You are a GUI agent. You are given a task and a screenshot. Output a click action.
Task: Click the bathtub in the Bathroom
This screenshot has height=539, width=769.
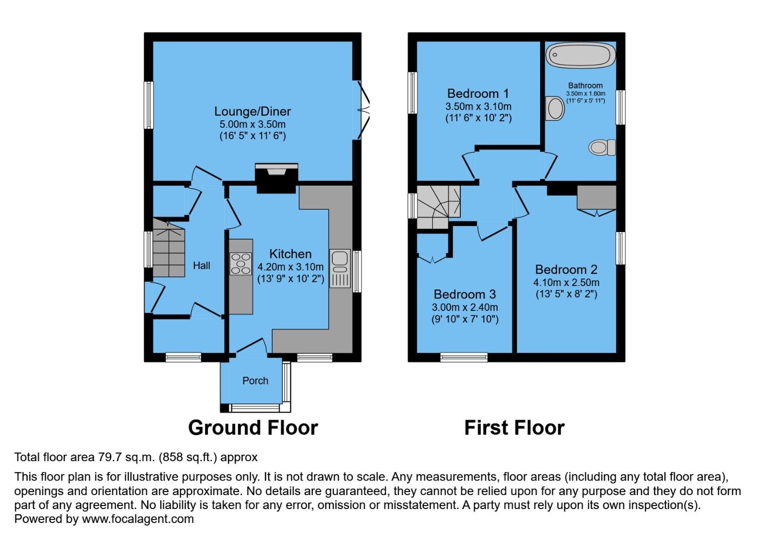(580, 55)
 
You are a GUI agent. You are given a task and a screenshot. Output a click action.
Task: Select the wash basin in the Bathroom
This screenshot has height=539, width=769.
(555, 108)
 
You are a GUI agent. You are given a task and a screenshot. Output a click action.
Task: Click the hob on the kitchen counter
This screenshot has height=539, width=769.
(240, 264)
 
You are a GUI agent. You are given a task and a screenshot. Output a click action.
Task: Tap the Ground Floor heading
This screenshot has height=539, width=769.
(253, 428)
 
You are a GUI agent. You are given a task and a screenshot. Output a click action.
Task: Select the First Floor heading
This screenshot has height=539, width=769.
(514, 428)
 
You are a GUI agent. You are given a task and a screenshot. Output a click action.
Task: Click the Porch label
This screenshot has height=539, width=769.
(255, 381)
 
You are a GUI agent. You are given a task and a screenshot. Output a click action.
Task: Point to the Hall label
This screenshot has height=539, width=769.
(201, 266)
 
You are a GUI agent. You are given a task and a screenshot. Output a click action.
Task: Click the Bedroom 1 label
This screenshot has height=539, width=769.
(478, 93)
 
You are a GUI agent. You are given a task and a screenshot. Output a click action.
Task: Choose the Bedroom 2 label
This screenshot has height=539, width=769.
(566, 269)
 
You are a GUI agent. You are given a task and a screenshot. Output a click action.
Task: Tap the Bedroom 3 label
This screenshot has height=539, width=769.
(464, 294)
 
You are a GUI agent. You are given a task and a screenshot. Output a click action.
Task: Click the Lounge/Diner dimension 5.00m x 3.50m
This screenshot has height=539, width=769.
(252, 124)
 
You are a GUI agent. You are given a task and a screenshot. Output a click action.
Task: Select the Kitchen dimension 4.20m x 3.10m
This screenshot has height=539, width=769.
(290, 267)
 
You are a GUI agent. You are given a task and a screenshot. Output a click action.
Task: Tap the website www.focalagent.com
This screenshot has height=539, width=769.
(138, 519)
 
